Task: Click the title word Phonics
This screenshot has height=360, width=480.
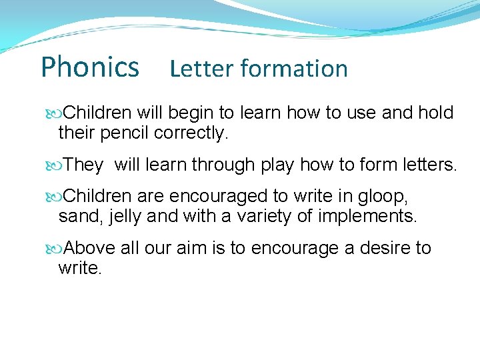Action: click(x=90, y=67)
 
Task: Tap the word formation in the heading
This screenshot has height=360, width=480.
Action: click(x=294, y=69)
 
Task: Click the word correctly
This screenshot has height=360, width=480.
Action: click(x=191, y=133)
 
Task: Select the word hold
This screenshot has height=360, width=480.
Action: click(x=436, y=113)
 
